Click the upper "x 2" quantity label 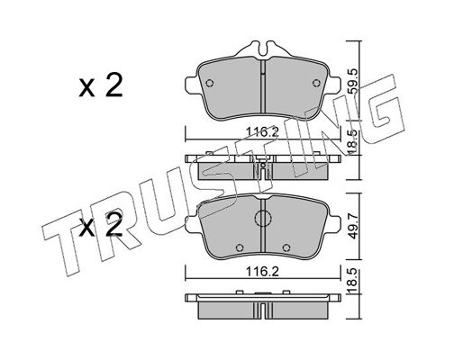click(101, 85)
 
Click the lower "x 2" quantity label click(101, 226)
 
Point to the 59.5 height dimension click(353, 81)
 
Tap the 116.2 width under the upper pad click(263, 131)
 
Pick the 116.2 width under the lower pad click(263, 272)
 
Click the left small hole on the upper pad click(210, 83)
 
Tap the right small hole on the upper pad click(316, 83)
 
